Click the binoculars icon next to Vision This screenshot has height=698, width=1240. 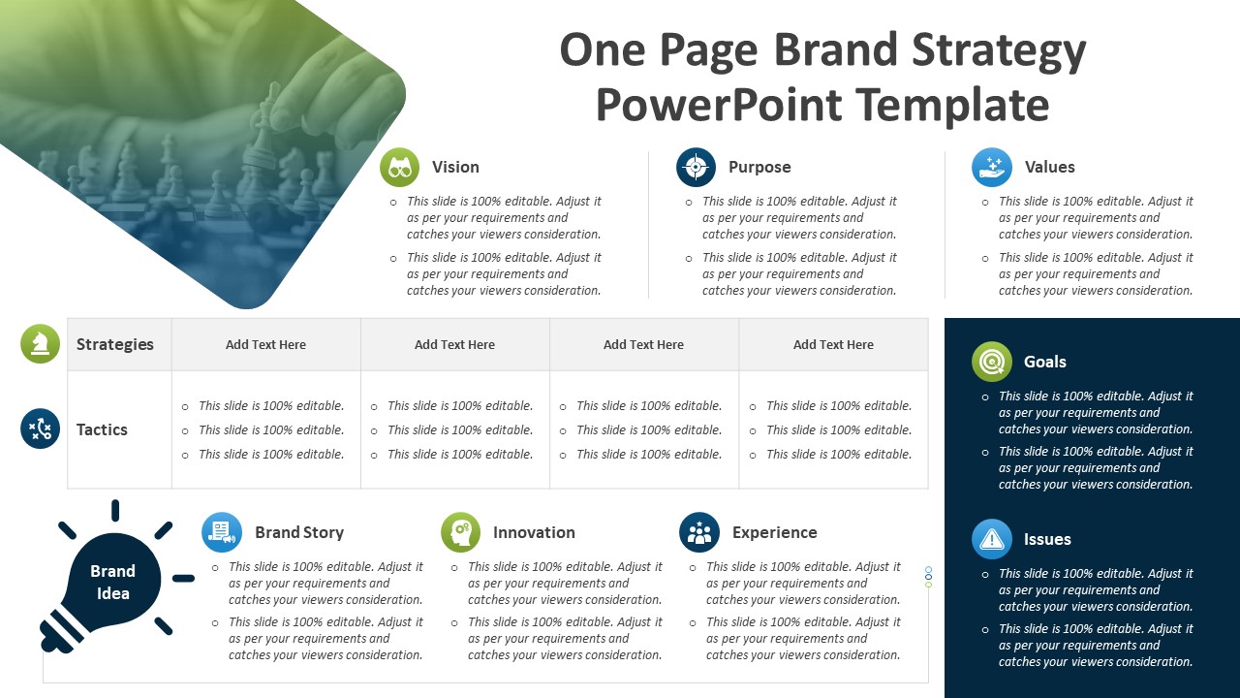coord(400,168)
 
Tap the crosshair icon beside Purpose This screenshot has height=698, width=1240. coord(696,168)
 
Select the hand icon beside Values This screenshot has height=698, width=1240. coord(992,168)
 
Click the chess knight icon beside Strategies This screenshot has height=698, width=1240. coord(41,344)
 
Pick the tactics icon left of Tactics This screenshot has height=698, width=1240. coord(41,428)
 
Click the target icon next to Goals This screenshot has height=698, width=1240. coord(992,362)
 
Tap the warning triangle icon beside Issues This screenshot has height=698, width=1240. coord(992,539)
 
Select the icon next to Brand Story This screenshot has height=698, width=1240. coord(222,532)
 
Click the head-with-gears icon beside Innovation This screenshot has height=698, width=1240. coord(460,532)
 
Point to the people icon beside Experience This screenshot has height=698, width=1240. coord(699,532)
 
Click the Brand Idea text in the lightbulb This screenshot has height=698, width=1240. coord(113,583)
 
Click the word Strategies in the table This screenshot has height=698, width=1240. coord(115,344)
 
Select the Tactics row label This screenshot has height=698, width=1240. coord(102,429)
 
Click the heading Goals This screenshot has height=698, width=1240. coord(1045,362)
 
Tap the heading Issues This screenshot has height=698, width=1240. coord(1047,539)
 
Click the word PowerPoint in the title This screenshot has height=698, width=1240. coord(719,106)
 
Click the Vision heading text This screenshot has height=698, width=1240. coord(455,168)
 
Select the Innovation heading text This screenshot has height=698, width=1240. coord(534,532)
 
